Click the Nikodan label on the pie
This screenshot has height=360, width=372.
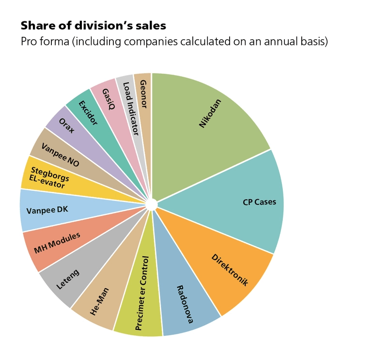point(210,113)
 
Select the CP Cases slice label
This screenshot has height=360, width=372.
point(259,202)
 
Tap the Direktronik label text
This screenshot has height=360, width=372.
point(230,270)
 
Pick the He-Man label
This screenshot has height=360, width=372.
point(100,301)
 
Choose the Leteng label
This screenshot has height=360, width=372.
point(67,279)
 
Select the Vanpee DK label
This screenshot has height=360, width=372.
point(46,210)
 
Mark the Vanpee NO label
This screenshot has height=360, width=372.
point(60,155)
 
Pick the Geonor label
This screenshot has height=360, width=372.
point(143,94)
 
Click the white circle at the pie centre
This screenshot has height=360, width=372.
point(151,204)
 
